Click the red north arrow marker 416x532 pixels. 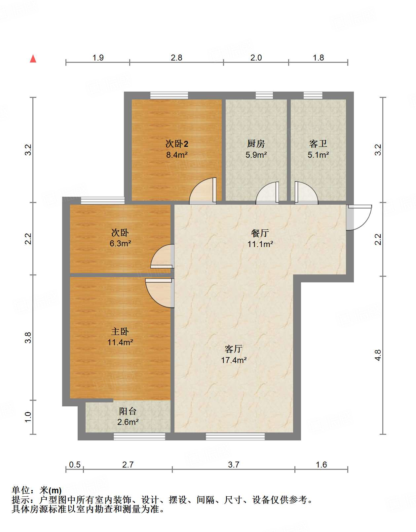[x=33, y=59]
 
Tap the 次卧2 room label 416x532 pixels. [x=177, y=144]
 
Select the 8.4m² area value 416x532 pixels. [x=177, y=155]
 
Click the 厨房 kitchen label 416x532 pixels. [x=256, y=144]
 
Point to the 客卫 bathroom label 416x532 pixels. [x=318, y=144]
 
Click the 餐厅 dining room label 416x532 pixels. [x=260, y=233]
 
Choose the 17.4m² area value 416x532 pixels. [x=234, y=360]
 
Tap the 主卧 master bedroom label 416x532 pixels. [x=120, y=331]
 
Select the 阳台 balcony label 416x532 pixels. [x=128, y=411]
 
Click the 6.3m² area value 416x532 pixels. [x=120, y=244]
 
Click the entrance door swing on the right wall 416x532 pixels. [x=359, y=217]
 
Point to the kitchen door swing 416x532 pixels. [x=268, y=193]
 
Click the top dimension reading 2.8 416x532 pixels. [x=176, y=58]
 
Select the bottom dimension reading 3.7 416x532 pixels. [x=234, y=465]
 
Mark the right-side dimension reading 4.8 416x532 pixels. [x=378, y=355]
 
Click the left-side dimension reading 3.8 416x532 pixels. [x=28, y=337]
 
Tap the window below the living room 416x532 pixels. [x=235, y=437]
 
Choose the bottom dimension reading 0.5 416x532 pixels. [x=75, y=465]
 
